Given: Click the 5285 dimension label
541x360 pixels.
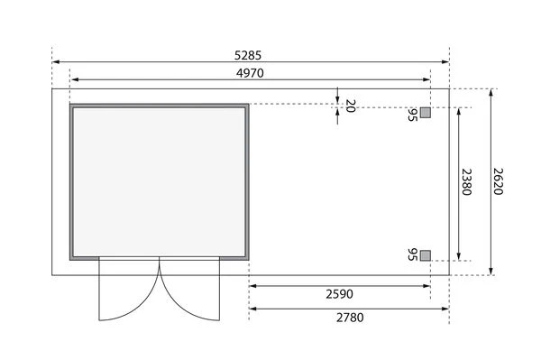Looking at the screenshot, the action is [248, 55].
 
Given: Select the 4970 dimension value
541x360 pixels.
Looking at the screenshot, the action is [250, 73].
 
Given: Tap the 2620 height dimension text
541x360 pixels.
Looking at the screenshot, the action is [498, 181].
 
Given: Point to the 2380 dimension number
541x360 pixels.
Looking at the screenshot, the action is [466, 182].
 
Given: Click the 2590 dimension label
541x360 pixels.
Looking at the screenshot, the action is [340, 294].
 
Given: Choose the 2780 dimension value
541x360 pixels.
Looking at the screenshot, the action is [350, 318].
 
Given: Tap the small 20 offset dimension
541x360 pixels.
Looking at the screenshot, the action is [350, 106].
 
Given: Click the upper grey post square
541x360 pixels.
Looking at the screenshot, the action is [426, 113].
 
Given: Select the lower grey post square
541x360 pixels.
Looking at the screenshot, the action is [426, 255].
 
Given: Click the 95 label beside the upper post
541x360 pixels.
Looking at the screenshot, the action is [412, 115].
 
